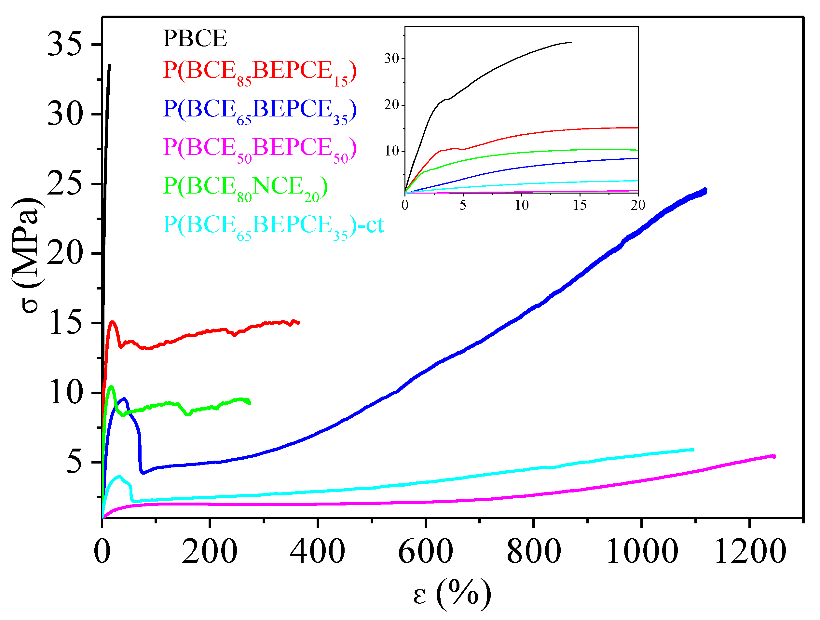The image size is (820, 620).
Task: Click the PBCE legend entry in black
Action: pos(195,38)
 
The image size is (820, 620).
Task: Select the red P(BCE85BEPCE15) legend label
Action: pos(259,72)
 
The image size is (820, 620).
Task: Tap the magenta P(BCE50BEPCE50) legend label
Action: pos(259,149)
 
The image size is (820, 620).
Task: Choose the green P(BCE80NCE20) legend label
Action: pos(245,187)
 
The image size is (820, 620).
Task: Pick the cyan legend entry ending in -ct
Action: pos(273,226)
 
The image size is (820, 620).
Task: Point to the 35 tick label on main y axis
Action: pos(64,44)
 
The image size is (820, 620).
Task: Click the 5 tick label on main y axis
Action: pos(74,463)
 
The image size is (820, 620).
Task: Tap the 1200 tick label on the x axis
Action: pos(750,552)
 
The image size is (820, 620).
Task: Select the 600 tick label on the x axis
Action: pos(425,552)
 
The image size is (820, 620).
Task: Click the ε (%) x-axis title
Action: pos(452,595)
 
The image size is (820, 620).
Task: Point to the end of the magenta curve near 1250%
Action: pos(774,457)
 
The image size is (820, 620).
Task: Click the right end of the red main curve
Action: pos(299,322)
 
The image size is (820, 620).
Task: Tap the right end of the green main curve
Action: pos(250,403)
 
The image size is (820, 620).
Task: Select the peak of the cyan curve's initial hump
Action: pos(119,477)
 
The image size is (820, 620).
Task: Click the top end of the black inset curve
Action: pos(571,43)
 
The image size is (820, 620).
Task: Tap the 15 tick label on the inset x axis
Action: pos(580,205)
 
